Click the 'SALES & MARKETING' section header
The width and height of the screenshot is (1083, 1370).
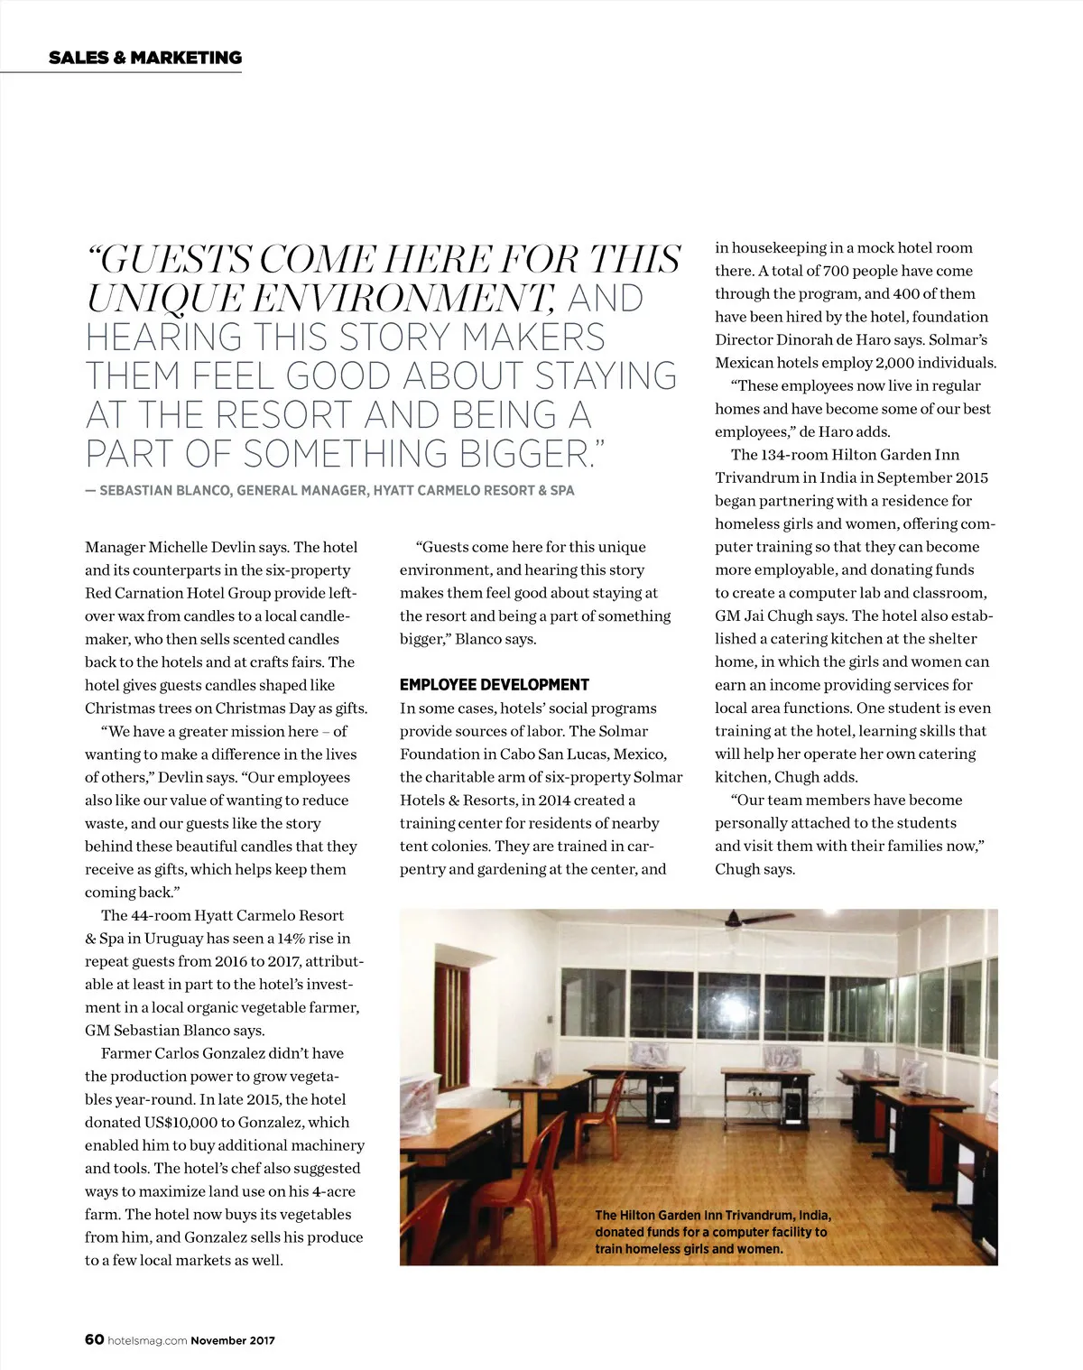(x=145, y=58)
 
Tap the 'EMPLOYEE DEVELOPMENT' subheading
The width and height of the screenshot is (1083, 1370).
(x=494, y=685)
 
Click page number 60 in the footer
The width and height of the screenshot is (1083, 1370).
(x=94, y=1339)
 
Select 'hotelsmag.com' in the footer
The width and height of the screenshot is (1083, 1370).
(x=146, y=1340)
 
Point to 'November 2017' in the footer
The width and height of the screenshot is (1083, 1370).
(x=233, y=1340)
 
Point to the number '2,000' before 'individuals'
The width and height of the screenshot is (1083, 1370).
(x=895, y=363)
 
